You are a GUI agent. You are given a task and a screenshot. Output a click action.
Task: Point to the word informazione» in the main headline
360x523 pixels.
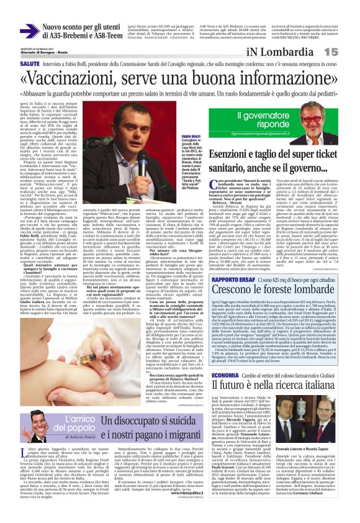279,80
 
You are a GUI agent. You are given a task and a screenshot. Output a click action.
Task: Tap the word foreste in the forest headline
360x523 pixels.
272,273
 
